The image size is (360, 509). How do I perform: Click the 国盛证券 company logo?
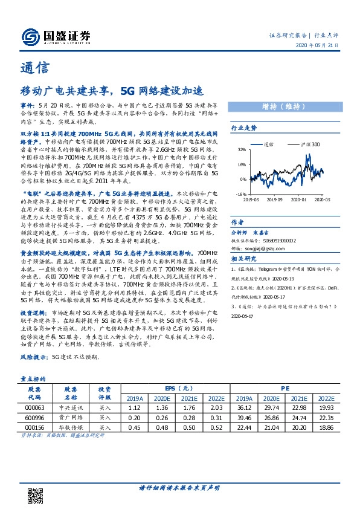point(55,35)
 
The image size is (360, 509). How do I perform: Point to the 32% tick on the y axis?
point(242,149)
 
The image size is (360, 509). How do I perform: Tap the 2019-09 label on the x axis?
point(275,199)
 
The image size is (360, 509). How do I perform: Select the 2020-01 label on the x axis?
point(299,199)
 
